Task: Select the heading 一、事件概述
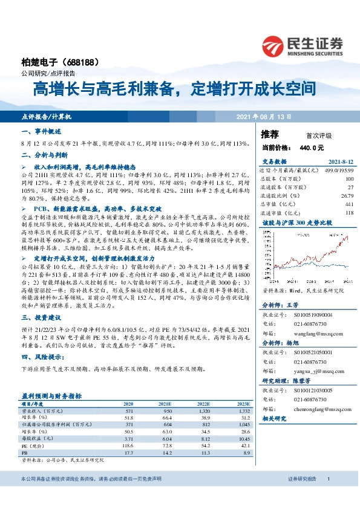coord(42,131)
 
